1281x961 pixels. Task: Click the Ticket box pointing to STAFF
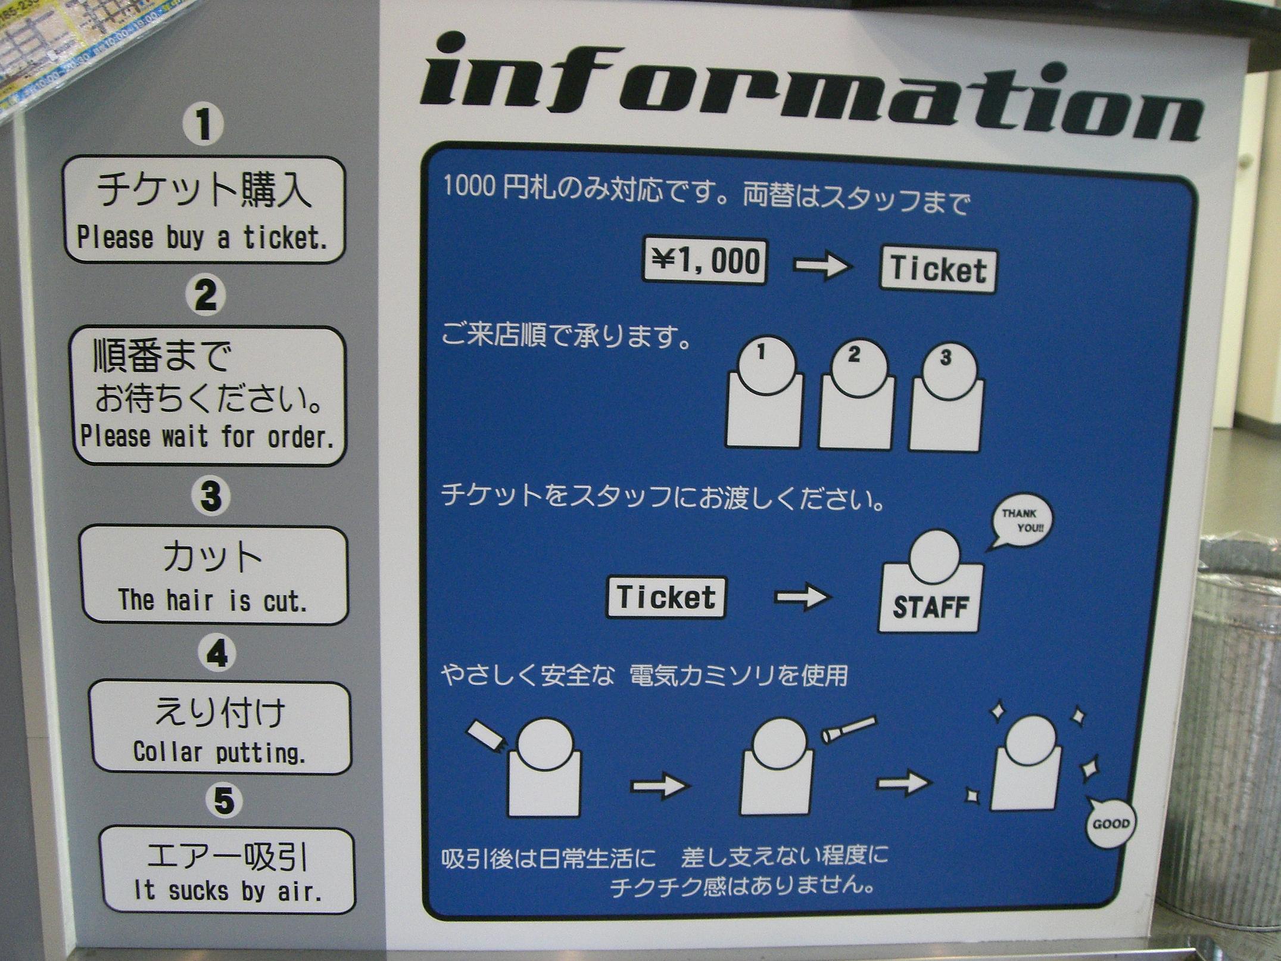tap(666, 598)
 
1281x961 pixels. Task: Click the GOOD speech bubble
tap(1111, 825)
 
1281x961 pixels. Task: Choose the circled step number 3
tap(210, 496)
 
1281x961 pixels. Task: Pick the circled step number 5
tap(223, 800)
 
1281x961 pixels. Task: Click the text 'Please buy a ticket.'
tap(202, 238)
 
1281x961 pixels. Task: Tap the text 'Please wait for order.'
tap(206, 437)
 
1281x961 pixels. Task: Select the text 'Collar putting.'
tap(219, 752)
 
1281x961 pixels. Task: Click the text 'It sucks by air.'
tap(228, 891)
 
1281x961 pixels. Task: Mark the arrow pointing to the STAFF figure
tap(803, 596)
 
